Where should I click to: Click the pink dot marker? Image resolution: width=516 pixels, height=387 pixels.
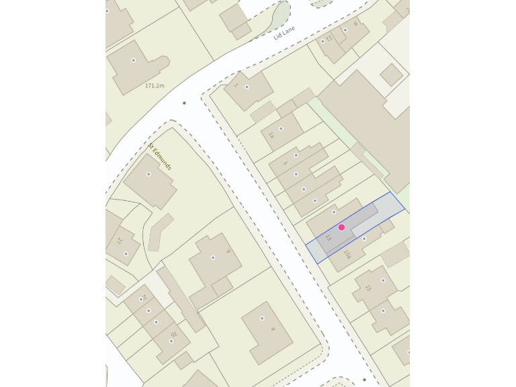(341, 227)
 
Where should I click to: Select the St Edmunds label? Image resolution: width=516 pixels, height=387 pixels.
(160, 156)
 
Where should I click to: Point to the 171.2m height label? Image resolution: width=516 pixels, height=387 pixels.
(155, 86)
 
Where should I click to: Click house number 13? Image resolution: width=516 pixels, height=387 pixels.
(329, 239)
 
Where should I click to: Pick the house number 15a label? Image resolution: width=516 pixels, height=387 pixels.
(347, 255)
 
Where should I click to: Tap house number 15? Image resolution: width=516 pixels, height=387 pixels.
(368, 288)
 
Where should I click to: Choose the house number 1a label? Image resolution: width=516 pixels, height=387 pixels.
(271, 135)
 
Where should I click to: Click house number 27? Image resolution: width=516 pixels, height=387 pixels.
(120, 241)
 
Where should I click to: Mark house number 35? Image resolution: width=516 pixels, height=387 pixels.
(173, 334)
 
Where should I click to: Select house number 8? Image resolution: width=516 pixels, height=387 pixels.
(272, 329)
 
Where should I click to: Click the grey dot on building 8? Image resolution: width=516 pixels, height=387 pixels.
(262, 318)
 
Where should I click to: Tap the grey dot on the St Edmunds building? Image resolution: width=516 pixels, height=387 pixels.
(148, 174)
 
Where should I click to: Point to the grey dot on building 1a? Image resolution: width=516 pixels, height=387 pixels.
(281, 128)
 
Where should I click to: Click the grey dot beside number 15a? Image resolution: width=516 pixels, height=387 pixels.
(364, 239)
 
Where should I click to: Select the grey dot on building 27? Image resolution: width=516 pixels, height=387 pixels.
(126, 254)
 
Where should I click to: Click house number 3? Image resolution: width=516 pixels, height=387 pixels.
(285, 163)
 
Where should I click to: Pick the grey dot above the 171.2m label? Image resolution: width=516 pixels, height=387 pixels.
(133, 60)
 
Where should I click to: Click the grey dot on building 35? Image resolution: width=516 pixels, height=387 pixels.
(171, 341)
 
